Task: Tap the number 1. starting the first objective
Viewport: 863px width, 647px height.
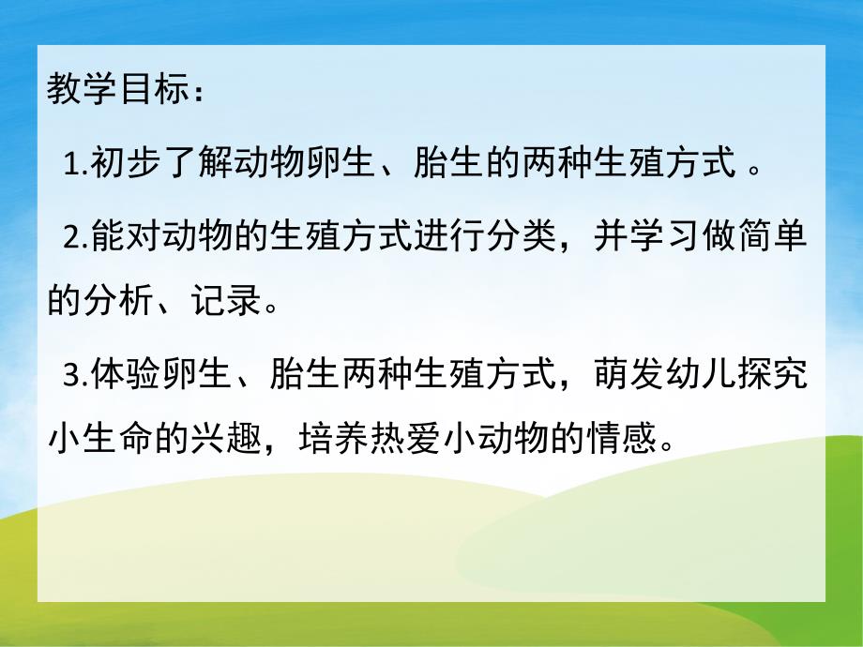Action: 76,167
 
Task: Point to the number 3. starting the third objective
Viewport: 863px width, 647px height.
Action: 76,375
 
